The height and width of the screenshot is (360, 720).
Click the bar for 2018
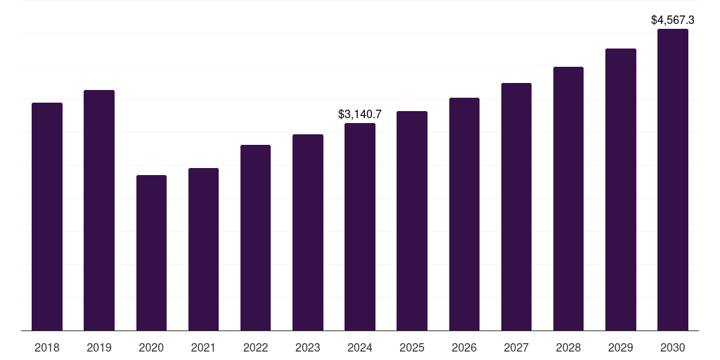point(47,217)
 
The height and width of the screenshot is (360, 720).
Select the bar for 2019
point(99,210)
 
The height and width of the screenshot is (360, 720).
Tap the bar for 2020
point(151,252)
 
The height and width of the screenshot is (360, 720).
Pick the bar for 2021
point(203,249)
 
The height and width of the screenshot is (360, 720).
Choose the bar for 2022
point(255,238)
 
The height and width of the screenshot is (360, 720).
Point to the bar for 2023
point(307,232)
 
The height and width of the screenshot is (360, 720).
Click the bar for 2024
point(359,226)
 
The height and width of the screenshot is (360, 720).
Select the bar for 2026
point(464,214)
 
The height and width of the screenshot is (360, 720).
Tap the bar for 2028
point(568,198)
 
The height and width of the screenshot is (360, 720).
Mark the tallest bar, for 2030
point(672,179)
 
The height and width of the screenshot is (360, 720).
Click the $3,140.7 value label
point(359,114)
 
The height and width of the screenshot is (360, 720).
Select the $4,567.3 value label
point(673,20)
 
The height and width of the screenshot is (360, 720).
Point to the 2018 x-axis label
point(47,347)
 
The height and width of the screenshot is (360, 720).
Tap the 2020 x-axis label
point(151,347)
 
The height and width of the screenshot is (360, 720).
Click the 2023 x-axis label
point(307,347)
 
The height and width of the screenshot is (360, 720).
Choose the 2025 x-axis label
point(411,347)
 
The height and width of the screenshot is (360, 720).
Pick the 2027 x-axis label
point(516,347)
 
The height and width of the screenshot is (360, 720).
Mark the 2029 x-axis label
point(620,347)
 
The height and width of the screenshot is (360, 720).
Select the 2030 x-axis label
point(672,347)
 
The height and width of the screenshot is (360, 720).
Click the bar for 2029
point(620,189)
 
